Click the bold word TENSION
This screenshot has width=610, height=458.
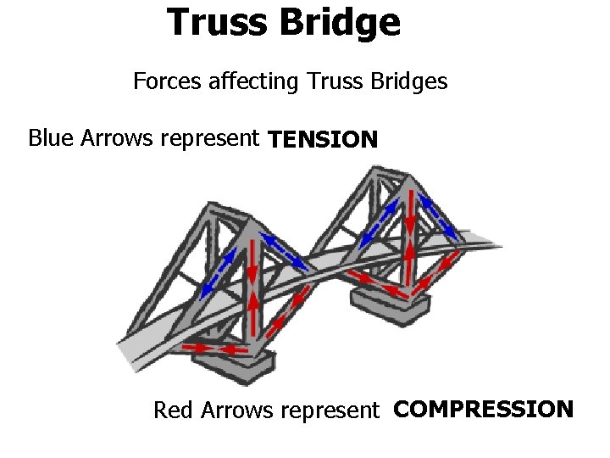(x=323, y=139)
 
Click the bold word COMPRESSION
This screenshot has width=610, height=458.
(x=484, y=410)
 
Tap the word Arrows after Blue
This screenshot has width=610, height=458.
(x=118, y=137)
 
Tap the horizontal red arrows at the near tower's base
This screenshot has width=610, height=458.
(x=215, y=349)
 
